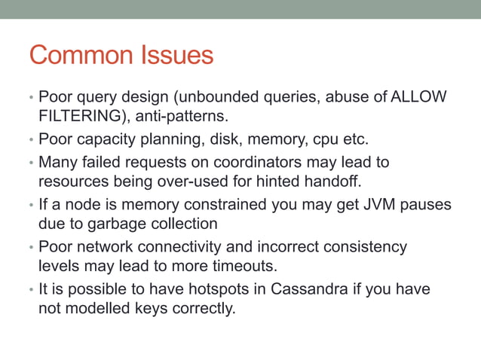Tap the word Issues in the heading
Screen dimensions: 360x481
tap(178, 56)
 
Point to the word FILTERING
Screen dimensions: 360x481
tap(77, 117)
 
